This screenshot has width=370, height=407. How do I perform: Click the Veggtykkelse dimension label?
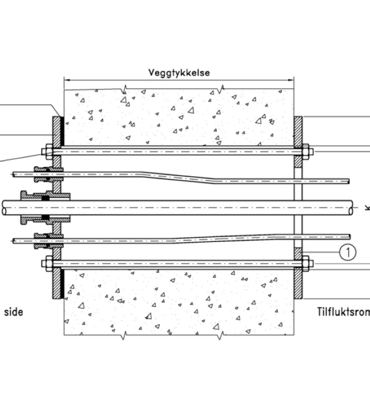tap(179, 73)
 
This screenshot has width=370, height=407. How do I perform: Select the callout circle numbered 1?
tap(348, 252)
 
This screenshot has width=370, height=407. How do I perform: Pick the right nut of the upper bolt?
tap(307, 151)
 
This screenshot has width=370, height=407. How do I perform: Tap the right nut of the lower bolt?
tap(307, 264)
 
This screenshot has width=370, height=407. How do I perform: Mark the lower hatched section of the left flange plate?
tap(57, 283)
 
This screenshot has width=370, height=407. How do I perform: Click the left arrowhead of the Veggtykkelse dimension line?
tap(66, 79)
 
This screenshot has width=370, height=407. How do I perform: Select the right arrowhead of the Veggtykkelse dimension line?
tap(292, 79)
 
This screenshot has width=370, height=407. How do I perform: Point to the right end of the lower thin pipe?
tap(348, 237)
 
